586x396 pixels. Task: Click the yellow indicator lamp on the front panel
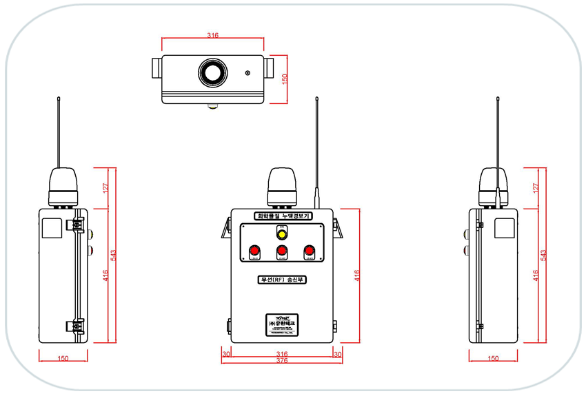[x=281, y=231]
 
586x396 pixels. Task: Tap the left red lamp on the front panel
[x=254, y=251]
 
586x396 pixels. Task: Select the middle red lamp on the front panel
[x=281, y=251]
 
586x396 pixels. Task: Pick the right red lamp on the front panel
[x=309, y=251]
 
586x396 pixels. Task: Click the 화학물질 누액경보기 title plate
[x=283, y=216]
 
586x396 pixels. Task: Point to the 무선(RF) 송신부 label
[x=281, y=280]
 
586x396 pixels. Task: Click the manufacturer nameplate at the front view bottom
[x=281, y=323]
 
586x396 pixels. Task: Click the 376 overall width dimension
[x=281, y=360]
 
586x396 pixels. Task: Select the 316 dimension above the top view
[x=213, y=35]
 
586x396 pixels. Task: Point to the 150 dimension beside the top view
[x=283, y=79]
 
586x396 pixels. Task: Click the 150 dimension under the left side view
[x=63, y=358]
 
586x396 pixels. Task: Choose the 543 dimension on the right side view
[x=543, y=255]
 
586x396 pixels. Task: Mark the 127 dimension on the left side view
[x=105, y=187]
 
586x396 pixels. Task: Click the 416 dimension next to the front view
[x=356, y=275]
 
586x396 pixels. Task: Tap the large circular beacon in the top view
[x=212, y=72]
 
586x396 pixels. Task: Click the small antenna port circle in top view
[x=247, y=72]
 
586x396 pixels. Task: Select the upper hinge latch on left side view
[x=77, y=225]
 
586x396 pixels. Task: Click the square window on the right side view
[x=504, y=228]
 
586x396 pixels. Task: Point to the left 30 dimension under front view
[x=226, y=354]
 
